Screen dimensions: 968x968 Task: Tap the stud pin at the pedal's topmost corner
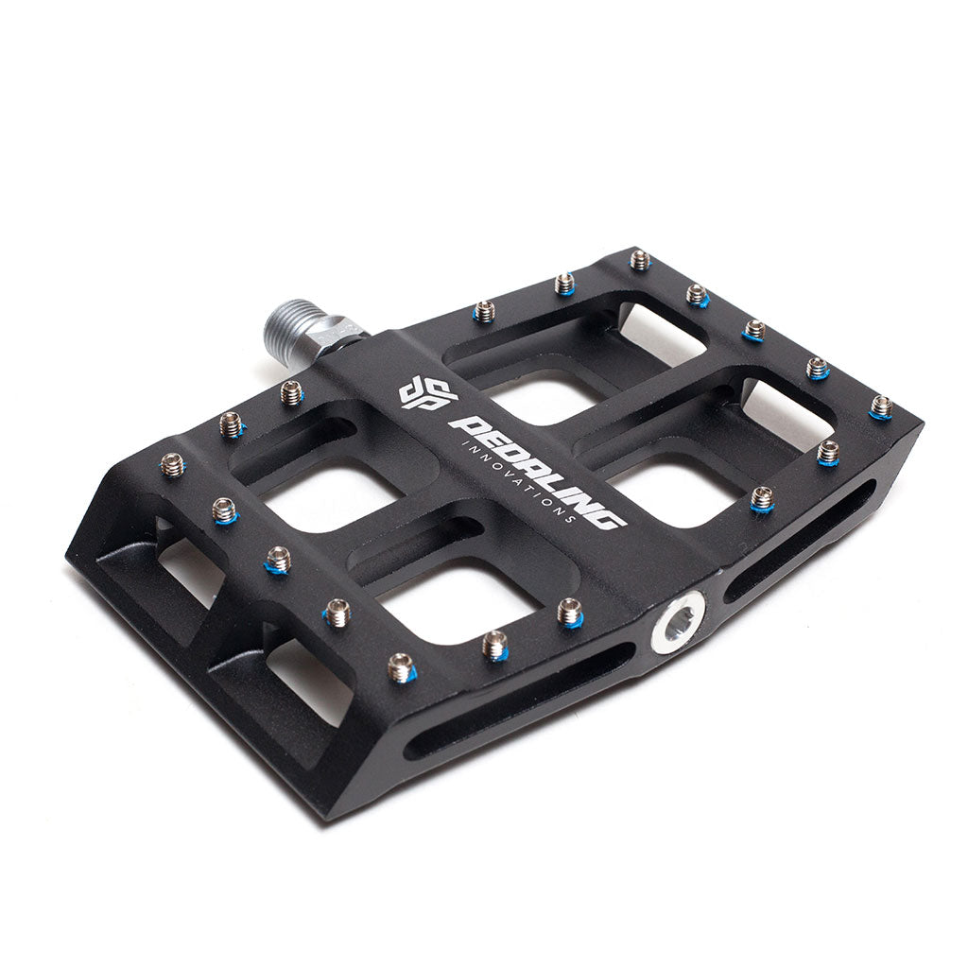[640, 258]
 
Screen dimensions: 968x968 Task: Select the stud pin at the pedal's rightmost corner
[881, 406]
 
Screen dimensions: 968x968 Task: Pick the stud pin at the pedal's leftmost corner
[171, 462]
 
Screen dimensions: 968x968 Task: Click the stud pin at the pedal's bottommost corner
[402, 666]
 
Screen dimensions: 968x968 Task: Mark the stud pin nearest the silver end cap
[569, 612]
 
